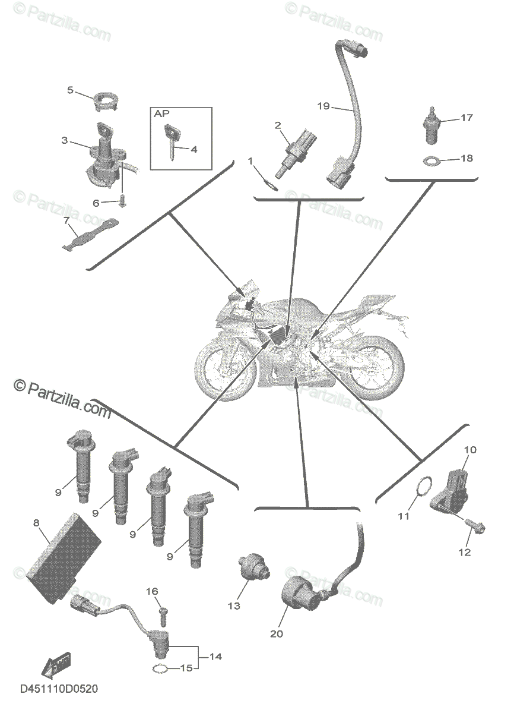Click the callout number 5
coord(70,90)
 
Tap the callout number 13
coord(233,605)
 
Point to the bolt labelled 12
coord(475,527)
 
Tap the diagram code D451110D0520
coord(59,689)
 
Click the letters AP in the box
coord(161,113)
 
